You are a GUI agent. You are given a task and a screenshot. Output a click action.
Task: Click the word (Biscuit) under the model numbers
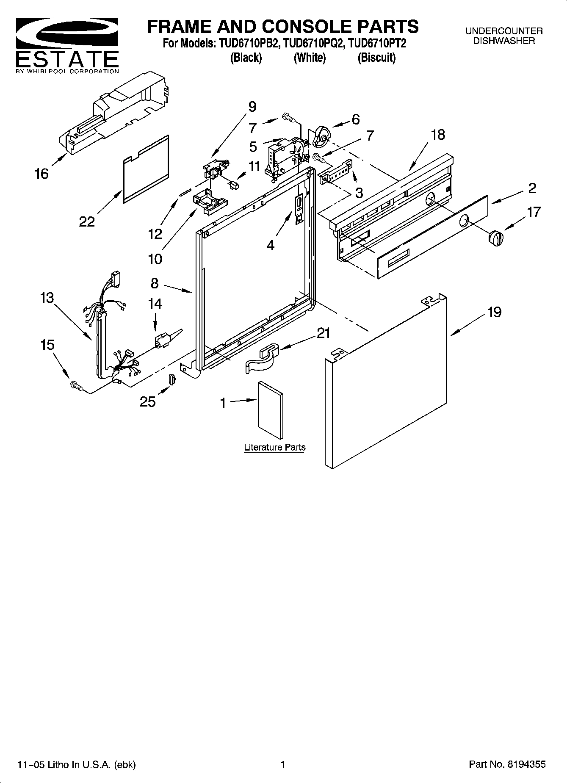[x=376, y=58]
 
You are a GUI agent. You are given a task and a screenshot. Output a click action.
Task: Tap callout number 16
[x=41, y=173]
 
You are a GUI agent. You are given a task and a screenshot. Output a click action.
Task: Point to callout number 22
[x=87, y=221]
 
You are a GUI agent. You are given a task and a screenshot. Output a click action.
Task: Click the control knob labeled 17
[x=496, y=238]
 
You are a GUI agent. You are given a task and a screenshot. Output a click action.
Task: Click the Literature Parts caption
[x=274, y=447]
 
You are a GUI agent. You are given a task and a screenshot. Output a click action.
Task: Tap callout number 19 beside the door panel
[x=494, y=312]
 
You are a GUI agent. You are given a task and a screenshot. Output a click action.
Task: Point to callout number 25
[x=148, y=401]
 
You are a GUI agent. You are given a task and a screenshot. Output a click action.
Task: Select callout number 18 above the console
[x=438, y=135]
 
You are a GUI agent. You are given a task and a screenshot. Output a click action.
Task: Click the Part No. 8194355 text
[x=507, y=764]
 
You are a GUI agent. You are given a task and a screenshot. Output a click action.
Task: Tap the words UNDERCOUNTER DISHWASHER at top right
[x=503, y=36]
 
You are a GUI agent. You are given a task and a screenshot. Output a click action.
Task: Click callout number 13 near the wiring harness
[x=47, y=298]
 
